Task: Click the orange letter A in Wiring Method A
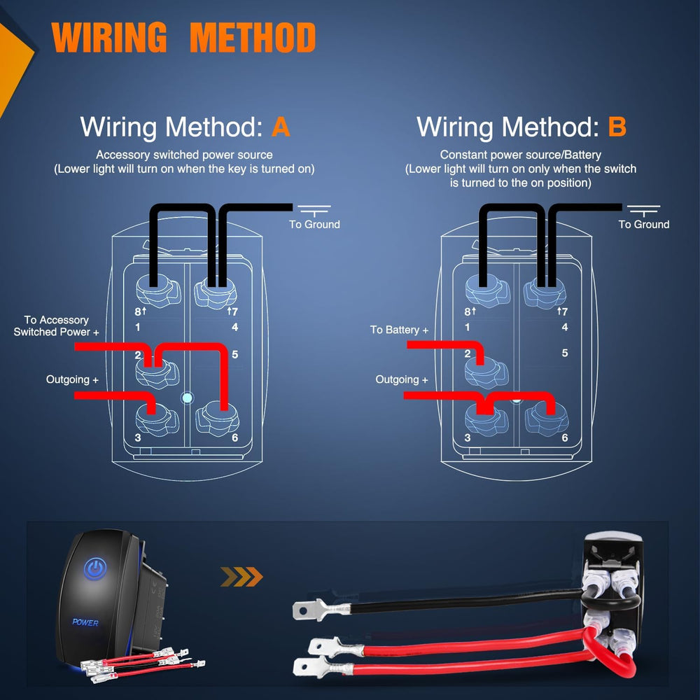280,127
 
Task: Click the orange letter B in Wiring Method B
617,127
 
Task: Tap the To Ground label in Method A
314,225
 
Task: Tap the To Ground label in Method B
643,225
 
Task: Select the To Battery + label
399,330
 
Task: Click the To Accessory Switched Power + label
57,325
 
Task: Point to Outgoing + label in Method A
72,379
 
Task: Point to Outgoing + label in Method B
402,379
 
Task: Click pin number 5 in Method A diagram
234,354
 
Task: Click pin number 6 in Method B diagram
564,438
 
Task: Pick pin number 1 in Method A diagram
138,327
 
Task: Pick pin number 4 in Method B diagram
565,327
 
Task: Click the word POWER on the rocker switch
85,622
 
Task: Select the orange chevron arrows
241,577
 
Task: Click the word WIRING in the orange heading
110,38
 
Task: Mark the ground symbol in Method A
314,209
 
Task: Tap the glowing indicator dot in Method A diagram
186,399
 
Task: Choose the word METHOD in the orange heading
253,38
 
